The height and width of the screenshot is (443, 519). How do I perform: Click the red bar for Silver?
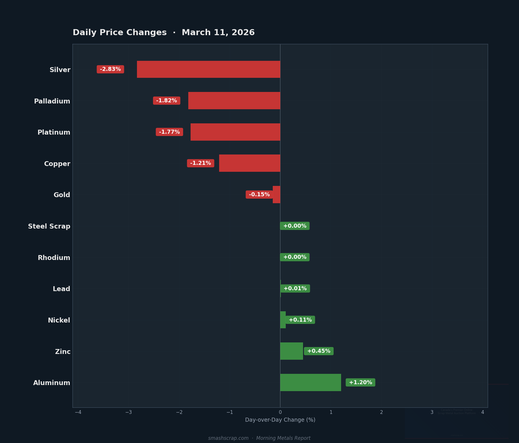point(208,69)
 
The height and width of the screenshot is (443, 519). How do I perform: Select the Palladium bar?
point(234,101)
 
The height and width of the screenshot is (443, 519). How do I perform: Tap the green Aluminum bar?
point(311,382)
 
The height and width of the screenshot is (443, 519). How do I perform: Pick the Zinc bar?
point(292,351)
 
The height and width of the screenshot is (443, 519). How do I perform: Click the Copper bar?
point(250,163)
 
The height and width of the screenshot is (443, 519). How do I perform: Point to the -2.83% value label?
point(110,69)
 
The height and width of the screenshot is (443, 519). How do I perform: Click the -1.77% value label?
point(169,132)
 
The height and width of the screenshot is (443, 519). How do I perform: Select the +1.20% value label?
point(360,382)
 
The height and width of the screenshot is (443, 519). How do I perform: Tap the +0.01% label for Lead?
point(295,289)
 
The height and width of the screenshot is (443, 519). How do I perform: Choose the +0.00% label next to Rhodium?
point(295,257)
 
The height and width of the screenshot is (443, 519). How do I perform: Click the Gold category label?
point(62,195)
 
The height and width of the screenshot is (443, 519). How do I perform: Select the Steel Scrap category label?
point(49,226)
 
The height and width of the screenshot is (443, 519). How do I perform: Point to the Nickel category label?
point(59,320)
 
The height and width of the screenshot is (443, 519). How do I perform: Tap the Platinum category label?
point(54,132)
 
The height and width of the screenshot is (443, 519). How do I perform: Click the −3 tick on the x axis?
point(129,412)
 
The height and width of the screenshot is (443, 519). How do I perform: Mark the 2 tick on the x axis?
point(381,412)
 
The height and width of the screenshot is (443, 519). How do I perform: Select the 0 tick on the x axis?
point(280,412)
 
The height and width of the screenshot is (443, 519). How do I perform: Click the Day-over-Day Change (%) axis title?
point(280,420)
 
